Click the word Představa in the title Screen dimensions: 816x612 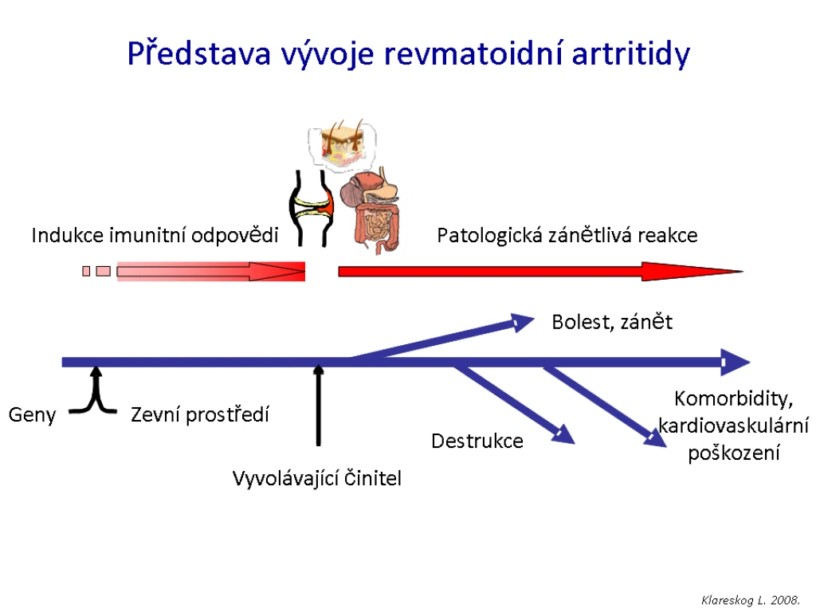pos(198,53)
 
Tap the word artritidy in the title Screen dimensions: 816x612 pos(631,54)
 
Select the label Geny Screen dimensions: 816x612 pos(32,415)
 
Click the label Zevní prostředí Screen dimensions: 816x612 pos(200,414)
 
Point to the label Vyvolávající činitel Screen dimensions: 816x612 pos(317,478)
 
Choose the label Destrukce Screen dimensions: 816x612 pos(477,441)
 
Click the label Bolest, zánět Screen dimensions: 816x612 pos(612,322)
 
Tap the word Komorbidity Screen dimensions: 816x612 pos(733,399)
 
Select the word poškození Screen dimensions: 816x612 pos(734,453)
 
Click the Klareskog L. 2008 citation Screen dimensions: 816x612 pos(751,600)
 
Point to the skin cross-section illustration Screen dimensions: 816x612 pos(343,143)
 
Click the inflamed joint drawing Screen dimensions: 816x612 pos(312,208)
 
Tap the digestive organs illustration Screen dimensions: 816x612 pos(371,210)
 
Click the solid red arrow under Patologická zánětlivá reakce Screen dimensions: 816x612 pos(541,271)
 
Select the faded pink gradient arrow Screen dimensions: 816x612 pos(210,271)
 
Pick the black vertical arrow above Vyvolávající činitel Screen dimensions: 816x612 pos(319,406)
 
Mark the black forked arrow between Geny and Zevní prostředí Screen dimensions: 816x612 pos(94,392)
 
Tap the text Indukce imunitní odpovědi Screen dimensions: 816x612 pos(155,235)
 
